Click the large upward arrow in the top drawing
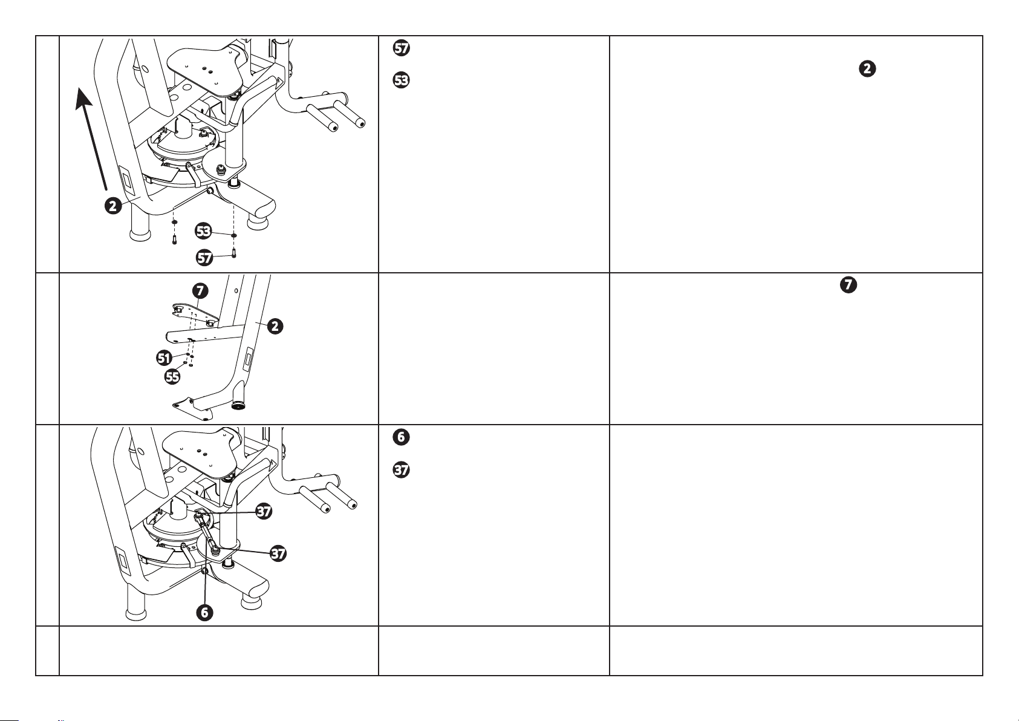point(93,139)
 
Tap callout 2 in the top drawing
point(113,206)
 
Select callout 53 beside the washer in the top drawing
point(203,231)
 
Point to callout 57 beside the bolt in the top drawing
point(204,258)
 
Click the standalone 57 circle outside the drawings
point(401,48)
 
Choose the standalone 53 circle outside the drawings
point(401,80)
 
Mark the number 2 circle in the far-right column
point(867,69)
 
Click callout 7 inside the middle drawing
point(200,291)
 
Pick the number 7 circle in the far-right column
point(848,285)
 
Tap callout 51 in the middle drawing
point(164,358)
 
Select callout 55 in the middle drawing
point(172,377)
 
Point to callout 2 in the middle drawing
point(275,326)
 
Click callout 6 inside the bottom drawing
point(205,612)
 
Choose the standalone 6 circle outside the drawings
point(401,437)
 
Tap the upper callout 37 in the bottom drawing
point(264,511)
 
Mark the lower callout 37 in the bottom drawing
point(278,553)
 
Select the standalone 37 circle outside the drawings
point(401,469)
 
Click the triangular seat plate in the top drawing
point(206,72)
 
